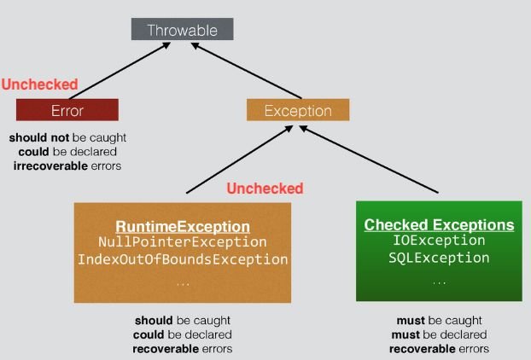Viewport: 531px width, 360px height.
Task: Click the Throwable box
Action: [182, 30]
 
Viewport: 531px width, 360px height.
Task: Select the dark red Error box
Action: [67, 110]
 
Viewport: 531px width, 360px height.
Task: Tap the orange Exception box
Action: [298, 110]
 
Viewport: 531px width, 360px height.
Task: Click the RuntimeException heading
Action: [183, 227]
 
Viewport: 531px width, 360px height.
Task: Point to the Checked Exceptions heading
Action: [439, 225]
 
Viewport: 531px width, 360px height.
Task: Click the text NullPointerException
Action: [183, 242]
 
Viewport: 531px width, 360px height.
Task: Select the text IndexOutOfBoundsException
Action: [183, 259]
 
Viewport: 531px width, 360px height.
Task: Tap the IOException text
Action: [439, 241]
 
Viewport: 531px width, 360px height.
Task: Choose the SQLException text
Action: [439, 257]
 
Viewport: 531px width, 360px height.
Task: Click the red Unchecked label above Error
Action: [39, 84]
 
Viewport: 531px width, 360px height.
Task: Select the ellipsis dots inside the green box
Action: [439, 282]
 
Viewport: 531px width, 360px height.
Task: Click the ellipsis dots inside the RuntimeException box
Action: [183, 282]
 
